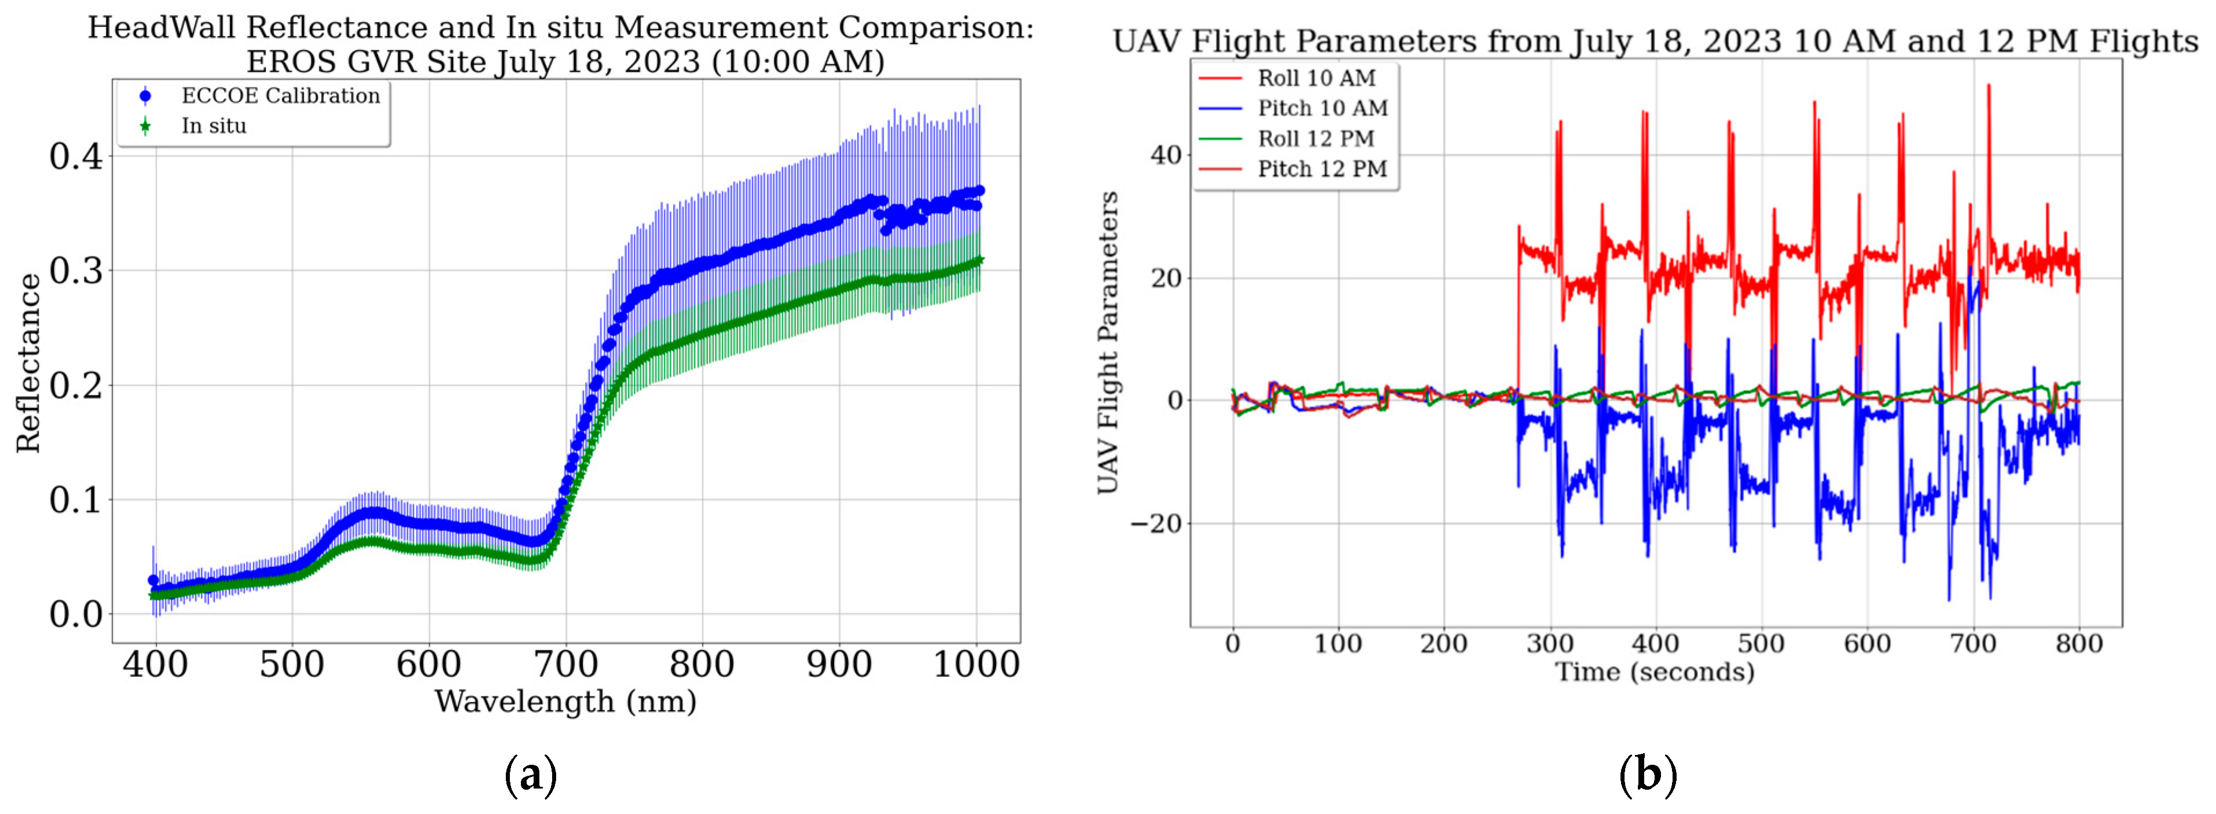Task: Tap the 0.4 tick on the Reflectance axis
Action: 76,156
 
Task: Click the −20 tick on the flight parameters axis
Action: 1155,523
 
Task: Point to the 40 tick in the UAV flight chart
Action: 1166,156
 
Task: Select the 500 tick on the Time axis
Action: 1761,644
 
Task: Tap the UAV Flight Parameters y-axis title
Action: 1108,343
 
